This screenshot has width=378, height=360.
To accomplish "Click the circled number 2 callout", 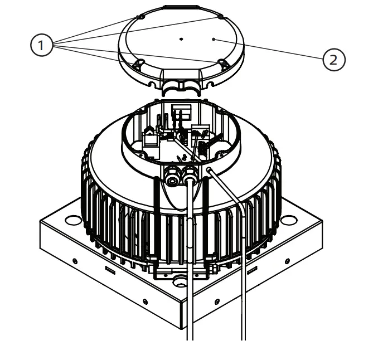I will (x=333, y=59).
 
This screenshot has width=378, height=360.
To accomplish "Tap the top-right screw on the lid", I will (x=221, y=17).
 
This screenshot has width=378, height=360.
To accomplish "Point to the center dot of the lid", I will (x=181, y=39).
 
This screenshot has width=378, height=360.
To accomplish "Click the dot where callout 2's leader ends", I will (x=215, y=39).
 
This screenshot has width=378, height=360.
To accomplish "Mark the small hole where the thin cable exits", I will (x=209, y=169).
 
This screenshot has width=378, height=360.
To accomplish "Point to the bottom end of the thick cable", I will (x=190, y=337).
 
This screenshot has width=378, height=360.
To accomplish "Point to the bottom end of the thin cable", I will (x=244, y=337).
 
